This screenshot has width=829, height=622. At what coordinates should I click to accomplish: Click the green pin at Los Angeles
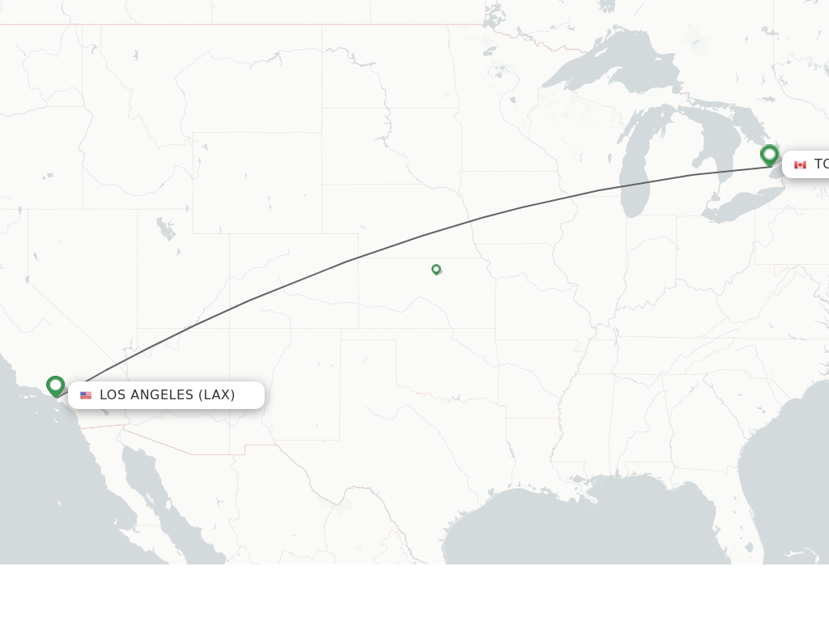[55, 386]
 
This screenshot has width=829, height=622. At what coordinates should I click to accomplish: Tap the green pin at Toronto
[769, 154]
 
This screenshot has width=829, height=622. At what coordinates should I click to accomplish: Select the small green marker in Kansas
[436, 269]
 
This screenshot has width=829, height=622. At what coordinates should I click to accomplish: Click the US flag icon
[86, 395]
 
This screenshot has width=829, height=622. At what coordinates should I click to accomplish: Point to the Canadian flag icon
[800, 165]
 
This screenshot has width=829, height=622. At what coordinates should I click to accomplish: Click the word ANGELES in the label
[162, 395]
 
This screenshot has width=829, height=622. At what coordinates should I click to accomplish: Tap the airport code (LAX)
[217, 395]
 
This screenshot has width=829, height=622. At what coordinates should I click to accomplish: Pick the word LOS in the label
[113, 395]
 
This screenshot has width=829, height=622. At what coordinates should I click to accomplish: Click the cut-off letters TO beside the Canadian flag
[821, 164]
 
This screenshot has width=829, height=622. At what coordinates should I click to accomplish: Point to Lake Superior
[615, 69]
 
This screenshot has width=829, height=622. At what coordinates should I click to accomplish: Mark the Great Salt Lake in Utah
[165, 228]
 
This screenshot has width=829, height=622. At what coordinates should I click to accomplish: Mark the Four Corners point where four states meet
[230, 329]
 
